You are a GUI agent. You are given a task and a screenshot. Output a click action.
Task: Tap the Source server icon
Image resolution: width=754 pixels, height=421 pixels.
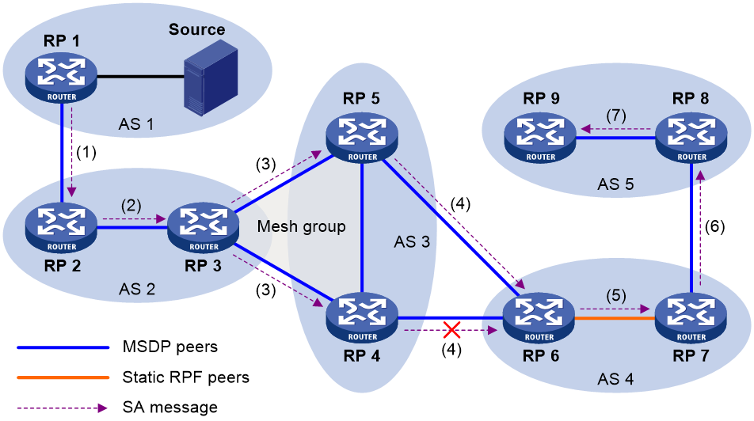coord(211,78)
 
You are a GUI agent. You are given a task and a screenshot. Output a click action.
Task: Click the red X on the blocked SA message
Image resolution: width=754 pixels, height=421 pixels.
coord(451,330)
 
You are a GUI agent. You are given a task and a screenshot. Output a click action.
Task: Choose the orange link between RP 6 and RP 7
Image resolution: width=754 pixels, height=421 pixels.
coord(615,318)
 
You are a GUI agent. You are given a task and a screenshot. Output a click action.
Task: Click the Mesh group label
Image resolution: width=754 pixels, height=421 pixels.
coord(302,226)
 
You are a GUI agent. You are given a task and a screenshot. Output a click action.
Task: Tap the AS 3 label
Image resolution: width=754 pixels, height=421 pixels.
coord(412,241)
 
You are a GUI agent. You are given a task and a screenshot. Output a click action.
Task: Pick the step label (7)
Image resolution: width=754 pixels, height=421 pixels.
coord(616,116)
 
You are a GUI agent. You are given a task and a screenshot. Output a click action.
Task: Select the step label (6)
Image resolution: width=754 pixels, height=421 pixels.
coord(714,226)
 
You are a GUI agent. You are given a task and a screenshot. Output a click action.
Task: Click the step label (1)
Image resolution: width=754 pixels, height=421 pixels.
coord(86,153)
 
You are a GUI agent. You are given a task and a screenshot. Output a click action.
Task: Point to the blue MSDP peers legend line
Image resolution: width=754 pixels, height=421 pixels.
coord(63,347)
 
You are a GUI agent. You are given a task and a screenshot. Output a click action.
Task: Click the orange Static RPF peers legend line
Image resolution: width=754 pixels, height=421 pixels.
coord(63,377)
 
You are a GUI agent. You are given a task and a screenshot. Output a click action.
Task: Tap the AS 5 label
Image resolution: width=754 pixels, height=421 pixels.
coord(615,184)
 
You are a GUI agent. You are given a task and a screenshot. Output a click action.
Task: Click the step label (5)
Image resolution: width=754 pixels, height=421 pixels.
coord(616,295)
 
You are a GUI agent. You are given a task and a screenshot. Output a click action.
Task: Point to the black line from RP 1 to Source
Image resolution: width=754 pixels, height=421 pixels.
coord(141,76)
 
